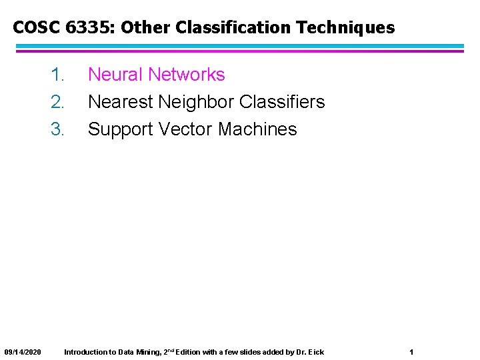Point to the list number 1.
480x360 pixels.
click(x=57, y=75)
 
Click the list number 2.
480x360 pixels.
click(x=57, y=102)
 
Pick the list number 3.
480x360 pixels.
click(x=57, y=129)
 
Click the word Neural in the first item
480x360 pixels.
click(x=115, y=75)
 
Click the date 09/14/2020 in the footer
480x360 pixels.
click(x=23, y=352)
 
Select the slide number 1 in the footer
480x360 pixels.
click(x=411, y=352)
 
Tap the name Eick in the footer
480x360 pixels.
click(x=316, y=352)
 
